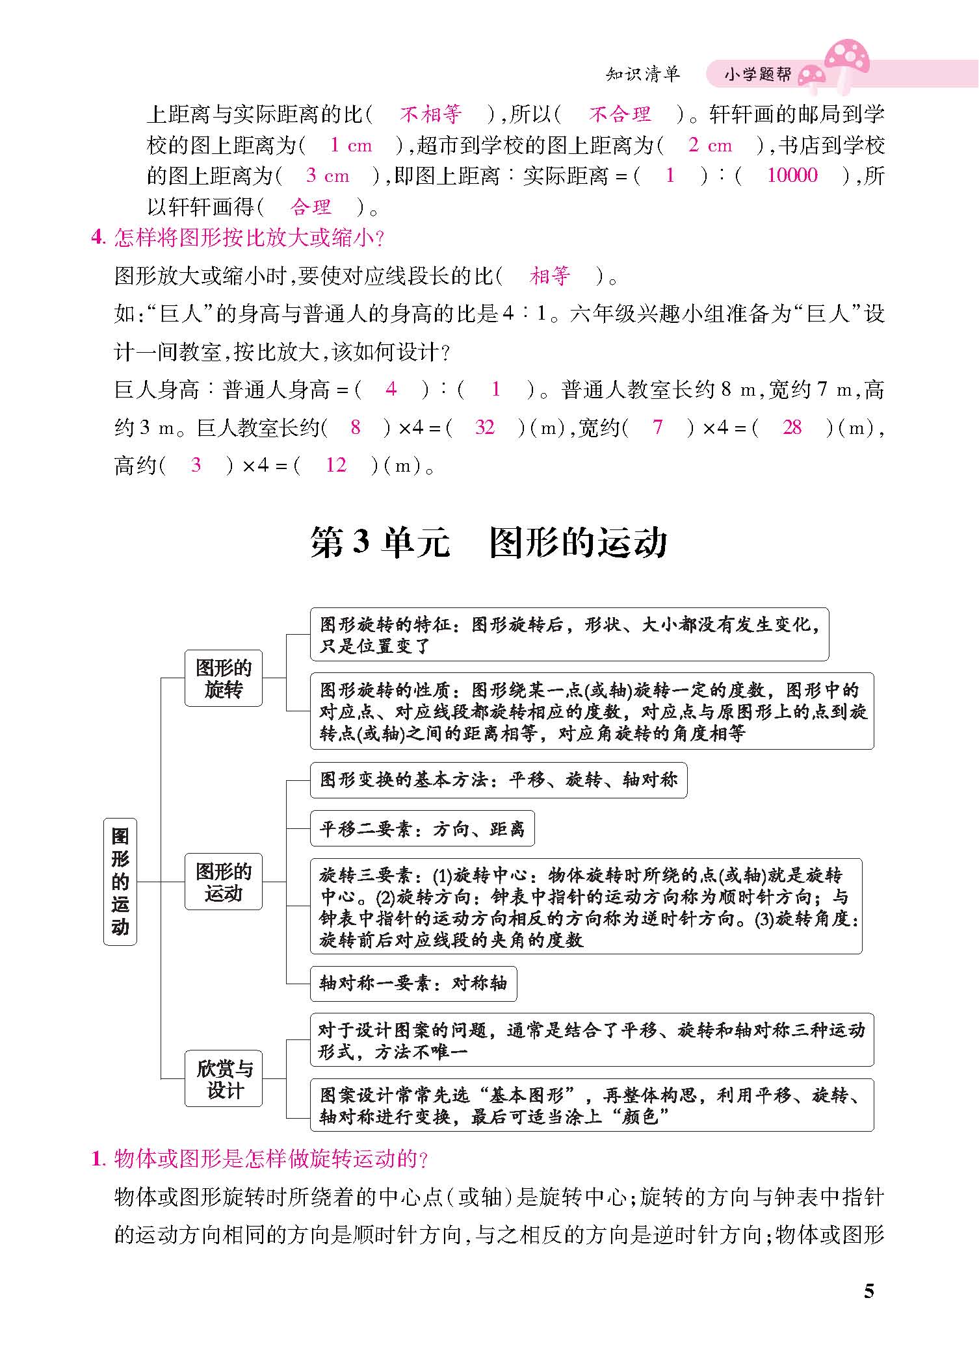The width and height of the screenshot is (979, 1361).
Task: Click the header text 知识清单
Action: pos(642,74)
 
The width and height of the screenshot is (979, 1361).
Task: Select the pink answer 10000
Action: pos(792,175)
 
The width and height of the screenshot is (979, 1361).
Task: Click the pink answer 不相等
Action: pos(430,114)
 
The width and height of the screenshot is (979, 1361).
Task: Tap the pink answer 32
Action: pos(485,427)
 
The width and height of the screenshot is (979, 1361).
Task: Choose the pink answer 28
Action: pos(792,427)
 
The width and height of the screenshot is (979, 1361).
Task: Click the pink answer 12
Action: pos(335,465)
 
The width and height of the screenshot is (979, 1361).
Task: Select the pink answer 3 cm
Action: pos(328,175)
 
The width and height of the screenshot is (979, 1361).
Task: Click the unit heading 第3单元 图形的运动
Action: pos(489,543)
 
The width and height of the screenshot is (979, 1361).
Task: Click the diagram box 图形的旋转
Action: pos(224,678)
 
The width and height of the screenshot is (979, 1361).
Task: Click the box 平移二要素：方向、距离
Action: pos(422,828)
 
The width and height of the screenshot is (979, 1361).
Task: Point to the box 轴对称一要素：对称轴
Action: pos(413,983)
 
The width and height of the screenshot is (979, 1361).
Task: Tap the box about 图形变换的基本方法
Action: pos(498,780)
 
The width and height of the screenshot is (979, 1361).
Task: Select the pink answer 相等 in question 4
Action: pos(550,276)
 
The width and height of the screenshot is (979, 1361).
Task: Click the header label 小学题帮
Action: pos(758,75)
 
